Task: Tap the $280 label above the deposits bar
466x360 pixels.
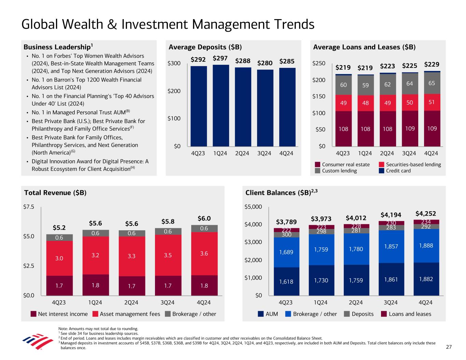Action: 265,63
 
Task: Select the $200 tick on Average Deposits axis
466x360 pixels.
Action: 174,91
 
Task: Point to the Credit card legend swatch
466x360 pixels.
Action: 382,171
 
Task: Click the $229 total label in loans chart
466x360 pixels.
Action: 432,64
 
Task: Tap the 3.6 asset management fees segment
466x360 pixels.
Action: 204,254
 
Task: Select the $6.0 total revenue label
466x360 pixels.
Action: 204,218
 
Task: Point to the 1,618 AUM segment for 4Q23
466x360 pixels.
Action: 286,282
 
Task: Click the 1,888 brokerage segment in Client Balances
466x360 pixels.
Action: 426,246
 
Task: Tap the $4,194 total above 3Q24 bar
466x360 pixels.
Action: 391,215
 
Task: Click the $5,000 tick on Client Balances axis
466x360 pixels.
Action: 253,207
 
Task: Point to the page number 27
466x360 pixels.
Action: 449,347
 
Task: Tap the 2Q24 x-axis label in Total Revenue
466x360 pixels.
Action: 131,302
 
